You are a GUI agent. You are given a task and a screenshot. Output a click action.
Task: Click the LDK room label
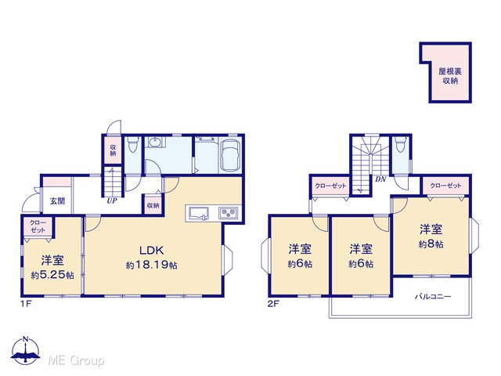point(151,251)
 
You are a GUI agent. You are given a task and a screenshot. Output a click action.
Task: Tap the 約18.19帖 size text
point(151,265)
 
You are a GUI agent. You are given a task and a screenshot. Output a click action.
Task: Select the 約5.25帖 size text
point(52,275)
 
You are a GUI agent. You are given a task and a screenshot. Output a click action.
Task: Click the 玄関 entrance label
point(57,201)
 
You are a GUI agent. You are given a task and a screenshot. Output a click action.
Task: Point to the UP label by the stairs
point(112,201)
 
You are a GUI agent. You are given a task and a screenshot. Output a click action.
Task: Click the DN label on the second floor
point(380,179)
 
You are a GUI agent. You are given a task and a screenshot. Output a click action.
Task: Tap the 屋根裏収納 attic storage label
point(450,76)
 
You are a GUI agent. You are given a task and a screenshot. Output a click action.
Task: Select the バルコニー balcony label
point(433,297)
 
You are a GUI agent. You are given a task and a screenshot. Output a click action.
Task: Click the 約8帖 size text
point(431,244)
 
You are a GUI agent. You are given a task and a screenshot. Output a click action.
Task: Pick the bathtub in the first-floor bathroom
point(231,156)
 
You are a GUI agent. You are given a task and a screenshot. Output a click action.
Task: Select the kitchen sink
point(199,214)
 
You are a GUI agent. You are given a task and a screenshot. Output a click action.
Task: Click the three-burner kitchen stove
point(228,213)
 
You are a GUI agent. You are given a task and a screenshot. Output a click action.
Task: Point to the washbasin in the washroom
point(155,142)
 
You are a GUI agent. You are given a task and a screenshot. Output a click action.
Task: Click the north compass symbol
point(25,350)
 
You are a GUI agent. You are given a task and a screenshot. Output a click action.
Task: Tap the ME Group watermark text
point(76,361)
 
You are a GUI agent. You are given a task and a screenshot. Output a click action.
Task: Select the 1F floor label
point(26,304)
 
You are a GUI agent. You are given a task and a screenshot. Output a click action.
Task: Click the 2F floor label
point(273,304)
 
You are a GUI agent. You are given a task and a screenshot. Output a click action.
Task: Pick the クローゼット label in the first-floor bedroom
point(38,226)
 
